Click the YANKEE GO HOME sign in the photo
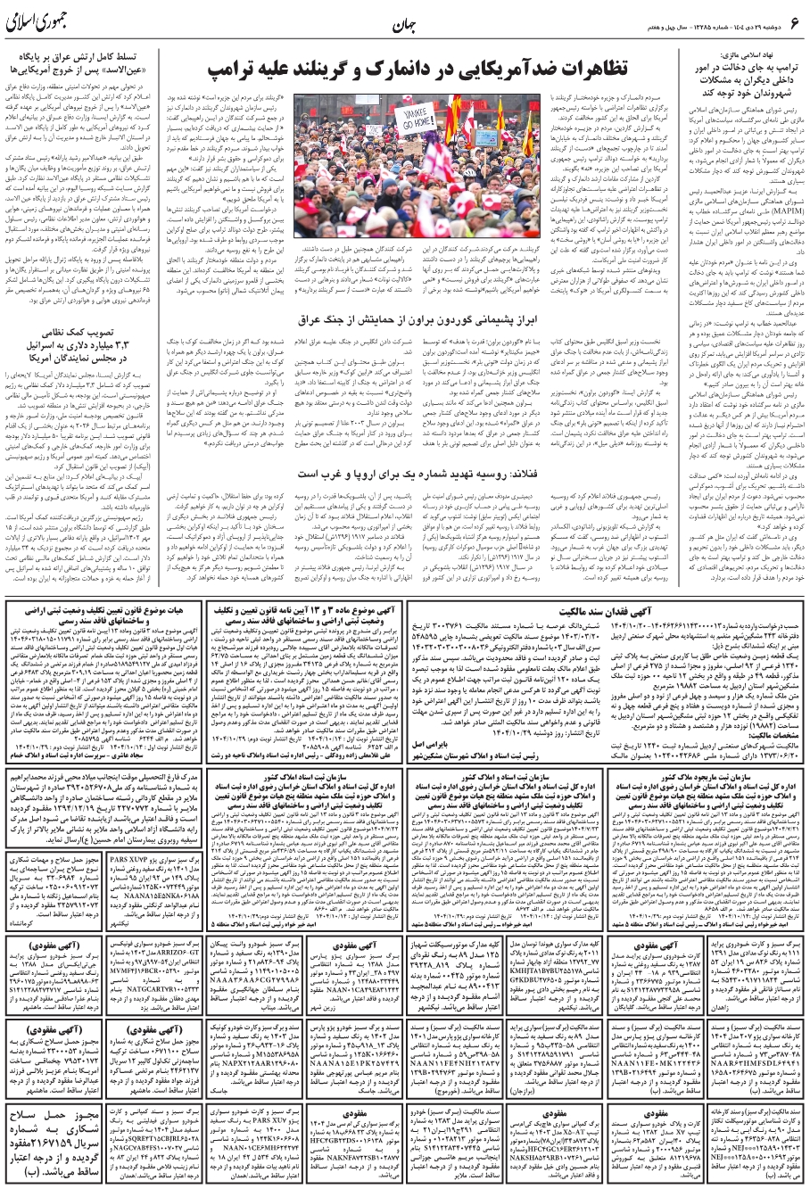pos(433,117)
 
